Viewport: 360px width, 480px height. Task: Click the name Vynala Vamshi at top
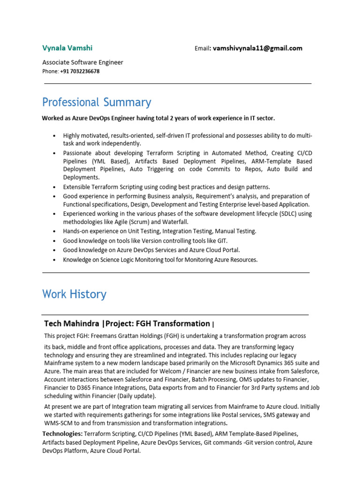67,48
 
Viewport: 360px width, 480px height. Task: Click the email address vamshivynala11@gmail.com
257,48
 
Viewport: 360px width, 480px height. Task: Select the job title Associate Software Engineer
82,62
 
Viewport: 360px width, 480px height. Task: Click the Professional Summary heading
97,102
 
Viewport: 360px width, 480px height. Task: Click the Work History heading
74,294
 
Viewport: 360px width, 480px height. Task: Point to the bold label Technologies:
62,434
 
